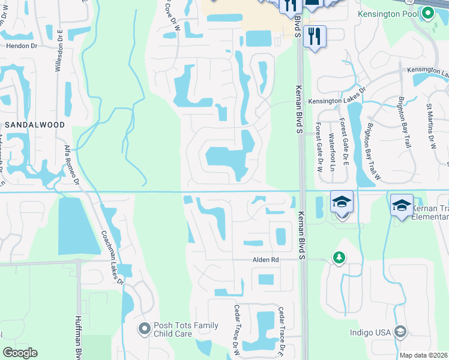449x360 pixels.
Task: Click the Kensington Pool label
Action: [388, 14]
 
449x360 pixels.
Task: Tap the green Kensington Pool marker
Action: [427, 13]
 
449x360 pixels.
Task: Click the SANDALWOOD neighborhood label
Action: [34, 124]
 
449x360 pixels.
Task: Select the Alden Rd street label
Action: [265, 259]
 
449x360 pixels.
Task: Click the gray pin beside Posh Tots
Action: [143, 328]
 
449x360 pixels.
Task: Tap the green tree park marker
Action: [339, 257]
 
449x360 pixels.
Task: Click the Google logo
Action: [20, 353]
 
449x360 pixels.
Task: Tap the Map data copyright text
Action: [423, 355]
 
